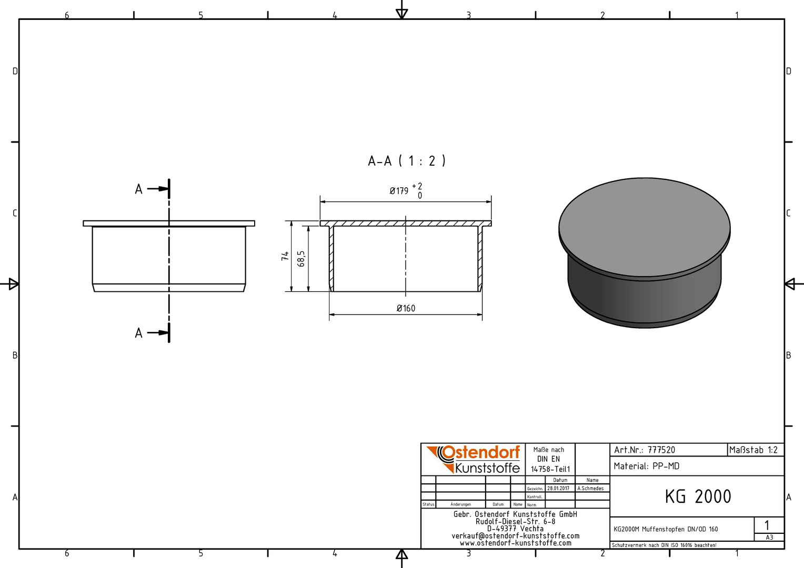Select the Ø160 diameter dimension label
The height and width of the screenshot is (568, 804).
(406, 308)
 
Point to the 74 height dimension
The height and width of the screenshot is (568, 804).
(285, 256)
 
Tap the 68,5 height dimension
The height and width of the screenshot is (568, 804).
(301, 258)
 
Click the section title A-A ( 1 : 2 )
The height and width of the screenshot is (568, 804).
(407, 161)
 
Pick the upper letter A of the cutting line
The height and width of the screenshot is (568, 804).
(138, 189)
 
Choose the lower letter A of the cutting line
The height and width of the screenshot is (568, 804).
(138, 333)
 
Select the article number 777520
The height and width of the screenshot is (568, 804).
(661, 450)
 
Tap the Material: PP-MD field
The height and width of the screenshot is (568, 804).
(647, 466)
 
